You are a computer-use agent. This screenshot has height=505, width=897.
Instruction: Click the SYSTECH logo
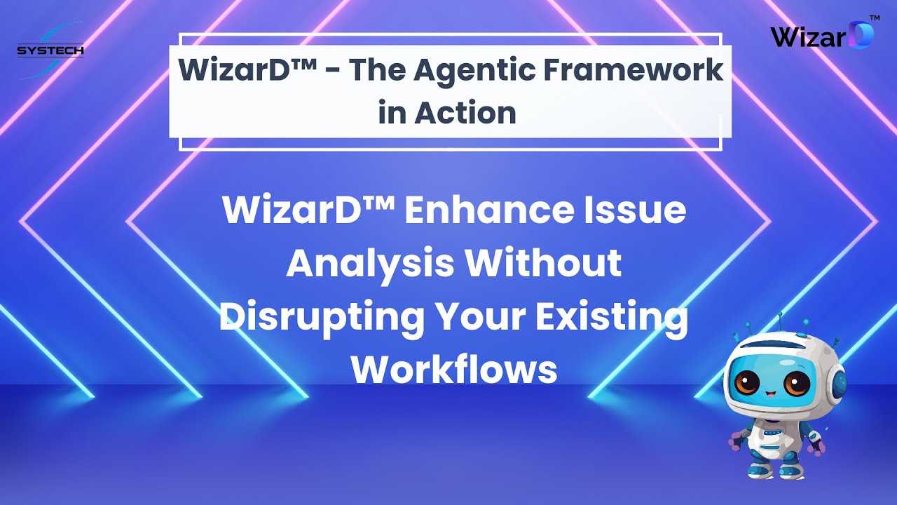[50, 50]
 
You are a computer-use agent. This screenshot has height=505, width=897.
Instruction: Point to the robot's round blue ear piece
[837, 382]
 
